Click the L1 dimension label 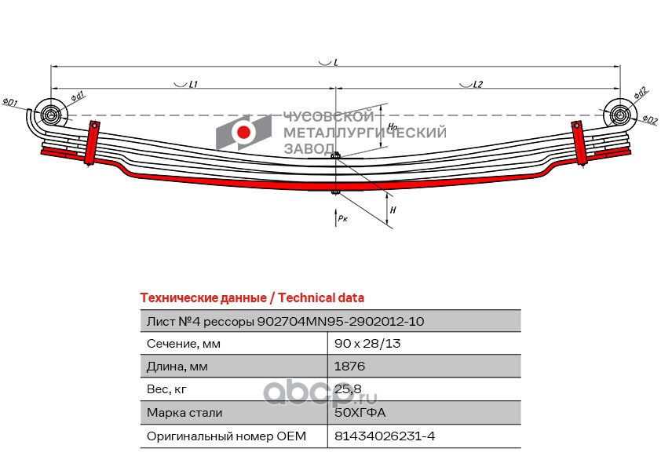(193, 84)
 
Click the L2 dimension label (477, 84)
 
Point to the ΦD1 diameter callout (9, 102)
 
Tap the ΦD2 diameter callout (650, 120)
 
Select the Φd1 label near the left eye (78, 97)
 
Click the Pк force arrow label (343, 218)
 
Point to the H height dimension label (393, 210)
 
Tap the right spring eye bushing (619, 115)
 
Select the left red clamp (92, 143)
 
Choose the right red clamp (579, 143)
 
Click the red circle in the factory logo (243, 133)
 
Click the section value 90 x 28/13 (367, 344)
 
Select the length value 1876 (349, 367)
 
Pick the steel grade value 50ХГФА (360, 412)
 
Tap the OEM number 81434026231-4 (385, 436)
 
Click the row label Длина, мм (177, 367)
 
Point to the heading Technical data (321, 298)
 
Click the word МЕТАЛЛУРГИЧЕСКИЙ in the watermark (364, 133)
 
